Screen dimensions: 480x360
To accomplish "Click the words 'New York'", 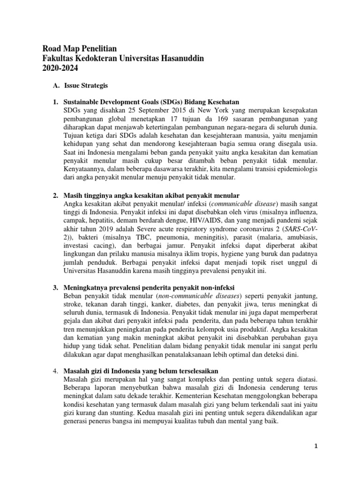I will click(x=209, y=110).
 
